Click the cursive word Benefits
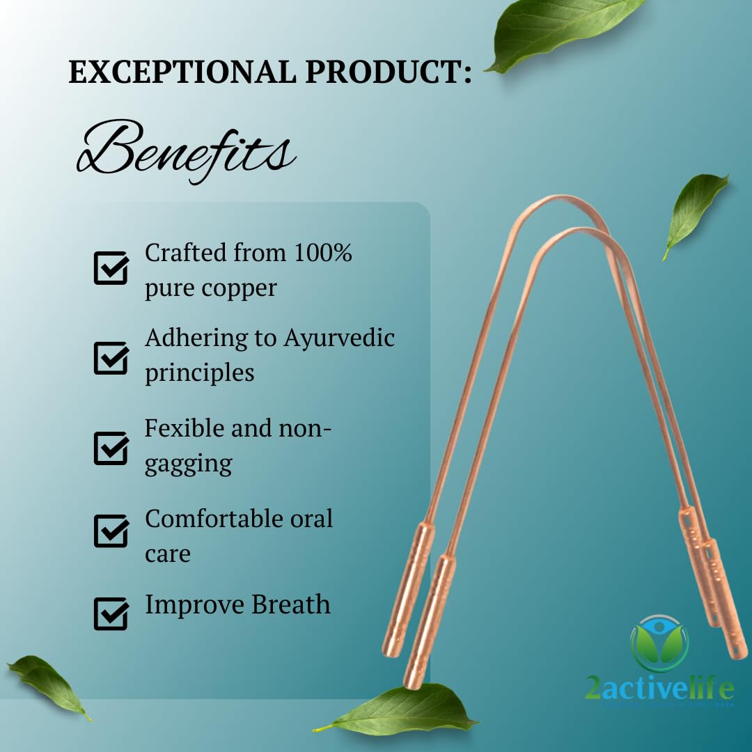tap(186, 150)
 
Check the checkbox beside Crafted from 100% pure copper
tap(111, 267)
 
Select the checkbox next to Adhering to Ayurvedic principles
tap(111, 358)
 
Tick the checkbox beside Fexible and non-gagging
tap(111, 448)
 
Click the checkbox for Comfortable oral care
tap(111, 531)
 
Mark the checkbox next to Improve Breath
tap(111, 613)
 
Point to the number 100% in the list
tap(323, 252)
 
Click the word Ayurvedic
tap(339, 338)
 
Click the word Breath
tap(290, 604)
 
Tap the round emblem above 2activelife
tap(660, 643)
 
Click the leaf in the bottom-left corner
tap(48, 685)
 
